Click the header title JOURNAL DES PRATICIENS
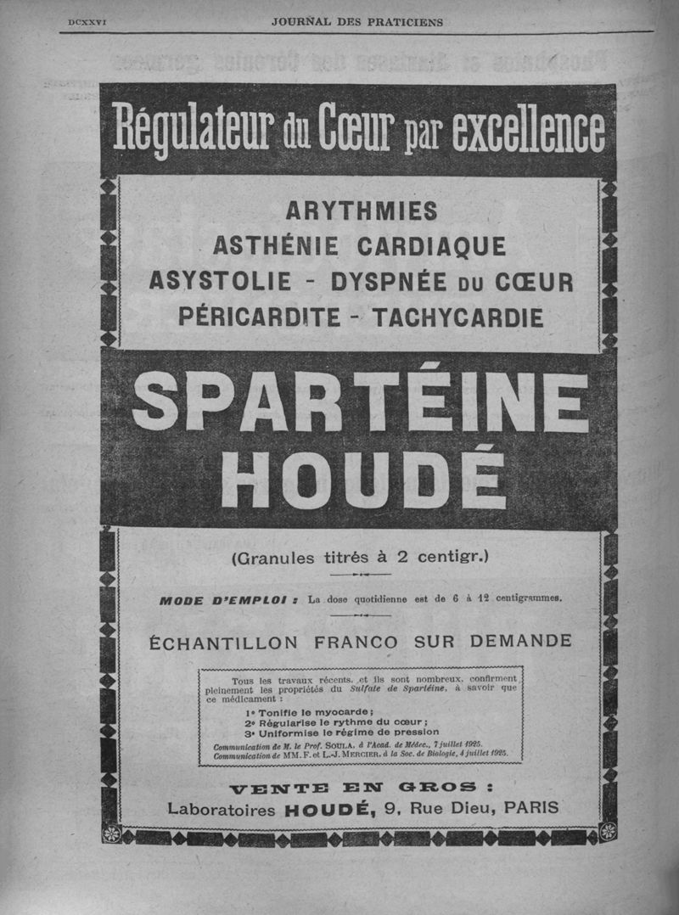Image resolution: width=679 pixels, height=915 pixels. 356,21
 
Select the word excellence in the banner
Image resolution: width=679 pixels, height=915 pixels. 529,130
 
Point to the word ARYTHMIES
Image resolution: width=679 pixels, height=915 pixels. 361,210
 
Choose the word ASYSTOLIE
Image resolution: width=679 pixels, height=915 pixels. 220,281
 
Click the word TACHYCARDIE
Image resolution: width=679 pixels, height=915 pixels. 458,317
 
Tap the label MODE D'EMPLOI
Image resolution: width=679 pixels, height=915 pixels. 225,600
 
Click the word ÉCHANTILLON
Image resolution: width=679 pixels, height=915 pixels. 225,641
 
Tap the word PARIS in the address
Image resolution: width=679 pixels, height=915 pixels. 531,808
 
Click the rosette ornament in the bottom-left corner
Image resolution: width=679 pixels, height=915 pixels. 111,834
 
